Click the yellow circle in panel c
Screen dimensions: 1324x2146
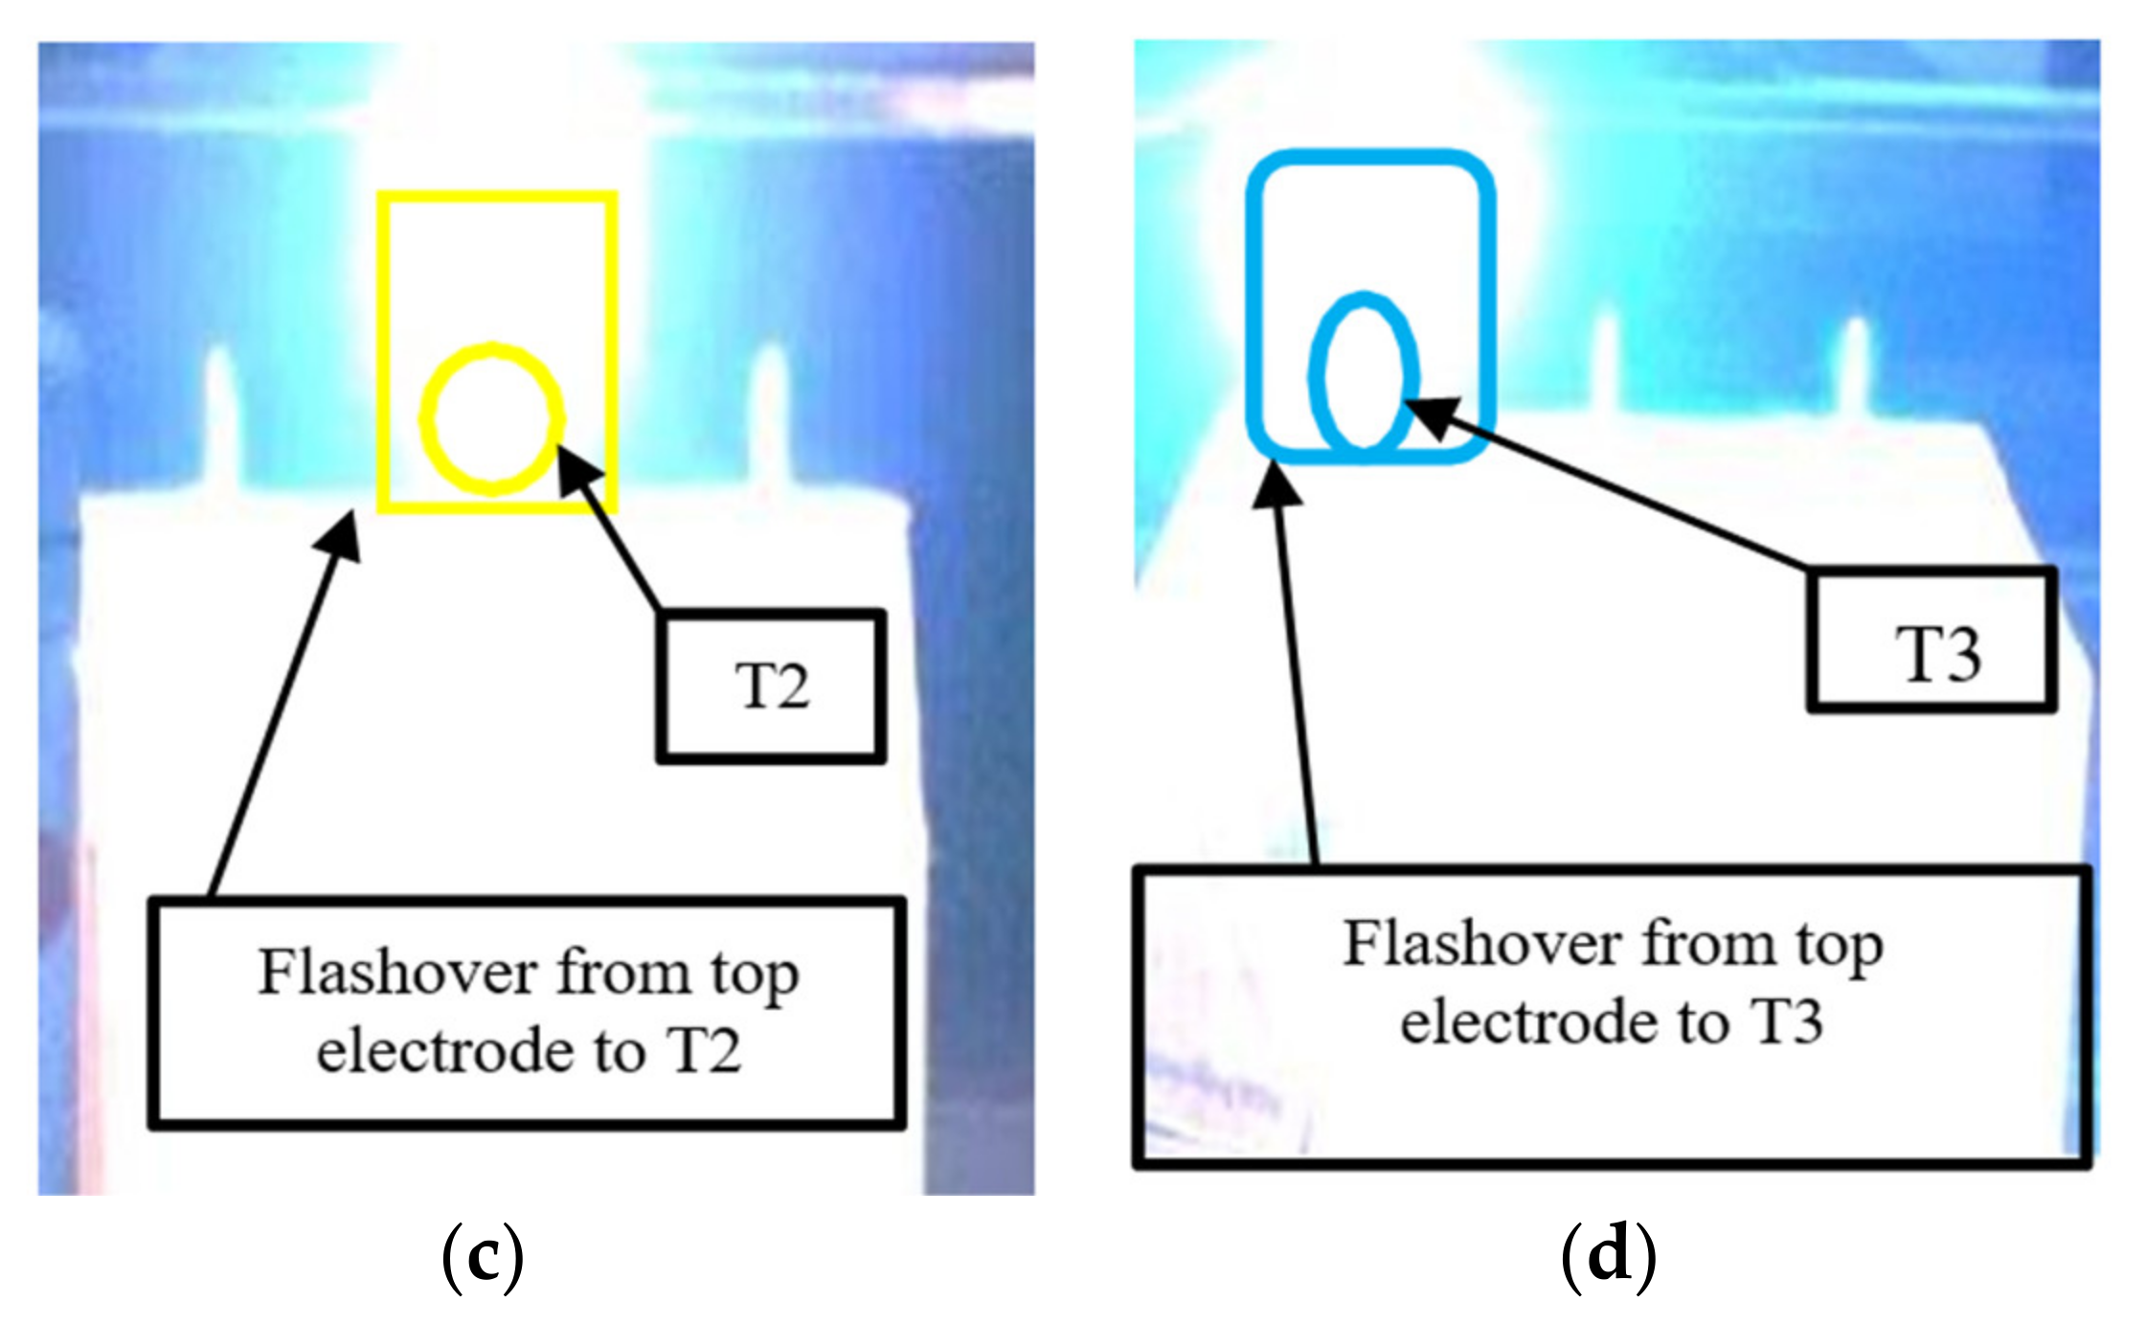click(492, 419)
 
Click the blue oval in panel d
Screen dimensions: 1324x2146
click(1364, 373)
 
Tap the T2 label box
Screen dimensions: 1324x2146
click(771, 685)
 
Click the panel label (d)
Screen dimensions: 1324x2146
click(1608, 1255)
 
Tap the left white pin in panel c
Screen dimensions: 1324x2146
click(219, 412)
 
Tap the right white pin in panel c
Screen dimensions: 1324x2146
click(768, 412)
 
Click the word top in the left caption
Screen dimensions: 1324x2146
click(754, 976)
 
